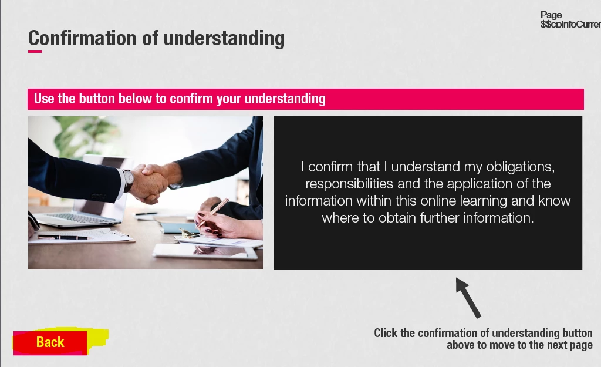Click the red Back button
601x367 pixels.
[50, 342]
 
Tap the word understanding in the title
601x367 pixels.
[224, 39]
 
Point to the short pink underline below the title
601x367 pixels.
[35, 52]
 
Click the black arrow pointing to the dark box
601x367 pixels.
[468, 298]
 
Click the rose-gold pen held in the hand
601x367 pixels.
[212, 212]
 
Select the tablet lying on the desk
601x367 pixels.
[205, 251]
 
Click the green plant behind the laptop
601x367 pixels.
[80, 136]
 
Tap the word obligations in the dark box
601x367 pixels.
[520, 167]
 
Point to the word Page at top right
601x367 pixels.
[551, 15]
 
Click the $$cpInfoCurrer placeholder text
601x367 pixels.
[570, 24]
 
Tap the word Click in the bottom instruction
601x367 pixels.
[385, 333]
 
